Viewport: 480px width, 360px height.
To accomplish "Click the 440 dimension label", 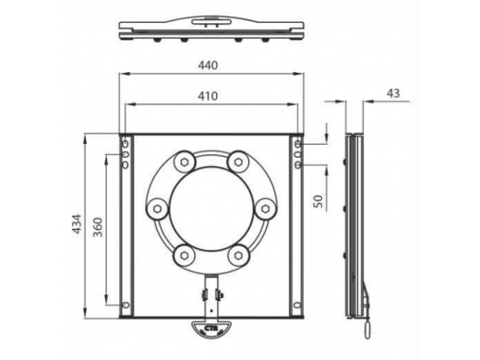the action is (x=208, y=66).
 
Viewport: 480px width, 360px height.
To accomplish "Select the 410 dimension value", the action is (x=208, y=96).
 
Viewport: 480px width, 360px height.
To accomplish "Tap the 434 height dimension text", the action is (x=78, y=223).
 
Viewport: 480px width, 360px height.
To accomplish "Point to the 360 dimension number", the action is (x=98, y=227).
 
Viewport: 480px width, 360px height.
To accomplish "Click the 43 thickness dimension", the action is (x=393, y=93).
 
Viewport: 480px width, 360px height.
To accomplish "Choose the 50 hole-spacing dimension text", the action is (x=319, y=201).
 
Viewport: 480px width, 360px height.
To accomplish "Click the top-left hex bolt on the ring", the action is (x=185, y=162).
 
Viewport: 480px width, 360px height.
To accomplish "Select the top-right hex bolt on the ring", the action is (x=238, y=162).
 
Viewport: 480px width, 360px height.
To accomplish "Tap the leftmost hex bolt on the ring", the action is (x=158, y=210).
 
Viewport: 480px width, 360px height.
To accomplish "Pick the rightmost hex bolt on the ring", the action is (x=266, y=210).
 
